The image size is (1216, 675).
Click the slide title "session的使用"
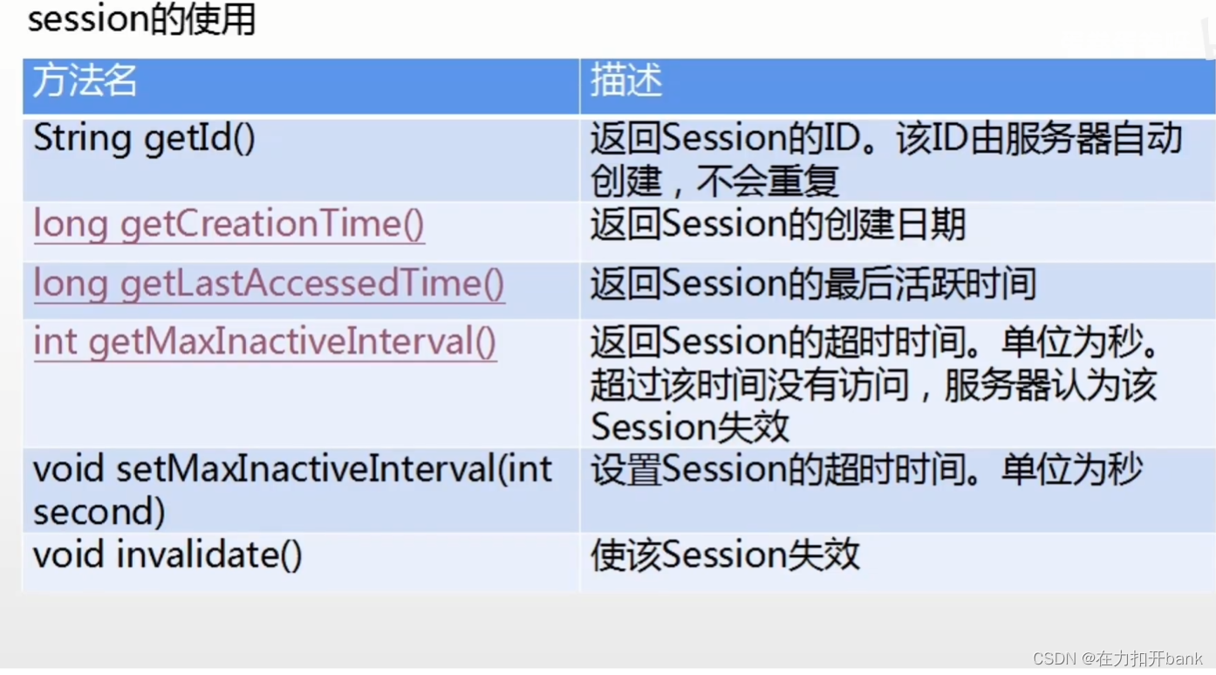(x=141, y=19)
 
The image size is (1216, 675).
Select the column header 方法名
(x=85, y=81)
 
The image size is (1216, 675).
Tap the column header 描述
(x=626, y=81)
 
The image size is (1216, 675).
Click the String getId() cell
(x=144, y=139)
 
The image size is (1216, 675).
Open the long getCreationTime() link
(x=229, y=225)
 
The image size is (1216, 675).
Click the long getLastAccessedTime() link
(x=269, y=284)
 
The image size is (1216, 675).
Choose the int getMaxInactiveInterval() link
(x=264, y=342)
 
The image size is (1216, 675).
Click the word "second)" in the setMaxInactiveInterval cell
(x=99, y=512)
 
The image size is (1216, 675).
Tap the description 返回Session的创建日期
(x=777, y=225)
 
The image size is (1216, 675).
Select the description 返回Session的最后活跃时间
(x=813, y=284)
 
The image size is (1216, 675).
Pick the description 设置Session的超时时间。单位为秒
(x=866, y=471)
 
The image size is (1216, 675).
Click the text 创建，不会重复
(x=714, y=181)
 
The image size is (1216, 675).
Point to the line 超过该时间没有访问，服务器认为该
(x=873, y=385)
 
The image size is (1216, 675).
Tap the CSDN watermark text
(x=1117, y=658)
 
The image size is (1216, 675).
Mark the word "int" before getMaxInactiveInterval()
(x=55, y=342)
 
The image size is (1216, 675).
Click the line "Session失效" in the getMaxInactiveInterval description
(x=690, y=427)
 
